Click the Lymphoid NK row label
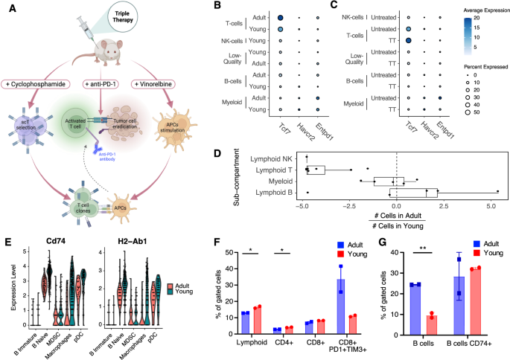[x=273, y=158]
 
